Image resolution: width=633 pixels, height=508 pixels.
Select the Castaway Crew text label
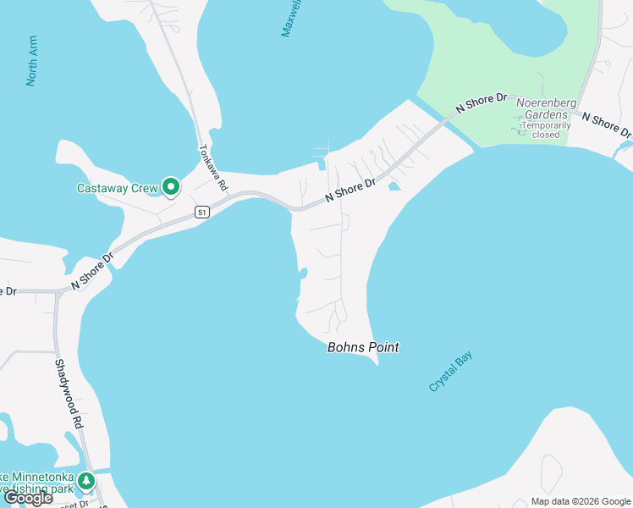click(117, 187)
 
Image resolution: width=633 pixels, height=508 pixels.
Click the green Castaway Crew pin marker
click(171, 186)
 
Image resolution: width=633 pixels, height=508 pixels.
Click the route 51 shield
click(201, 213)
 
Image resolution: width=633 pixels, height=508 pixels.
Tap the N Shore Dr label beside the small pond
click(350, 191)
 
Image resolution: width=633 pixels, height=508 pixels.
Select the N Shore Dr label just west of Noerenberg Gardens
click(480, 103)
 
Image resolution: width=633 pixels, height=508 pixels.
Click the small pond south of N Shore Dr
click(394, 186)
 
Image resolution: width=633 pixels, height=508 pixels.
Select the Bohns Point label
click(363, 347)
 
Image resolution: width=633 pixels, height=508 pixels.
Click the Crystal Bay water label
click(451, 371)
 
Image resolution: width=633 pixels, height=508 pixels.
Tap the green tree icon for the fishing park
click(86, 482)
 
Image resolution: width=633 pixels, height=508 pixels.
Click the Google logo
click(28, 498)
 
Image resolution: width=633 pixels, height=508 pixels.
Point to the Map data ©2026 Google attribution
click(581, 501)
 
